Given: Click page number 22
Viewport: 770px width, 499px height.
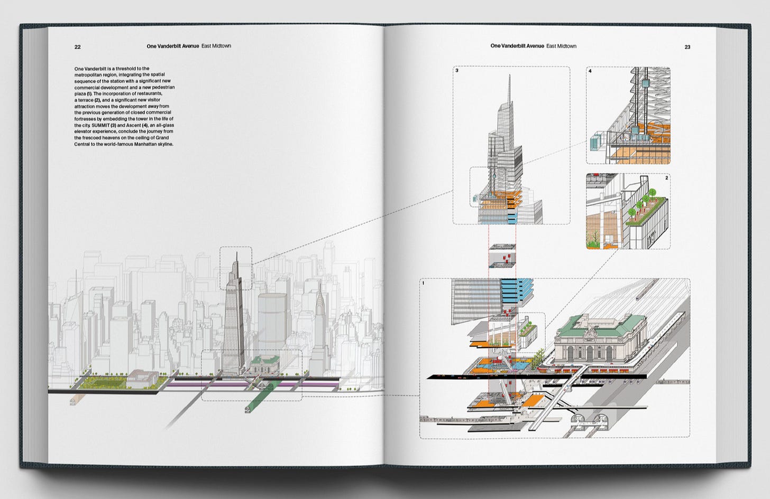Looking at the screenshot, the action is [78, 47].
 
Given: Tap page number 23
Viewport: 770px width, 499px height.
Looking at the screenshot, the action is [687, 47].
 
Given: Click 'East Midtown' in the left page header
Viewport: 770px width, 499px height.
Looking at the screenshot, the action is [216, 46].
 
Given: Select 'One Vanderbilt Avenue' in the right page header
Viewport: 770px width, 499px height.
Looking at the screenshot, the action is [517, 46].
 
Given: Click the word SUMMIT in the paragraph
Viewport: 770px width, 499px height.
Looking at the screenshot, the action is [100, 125].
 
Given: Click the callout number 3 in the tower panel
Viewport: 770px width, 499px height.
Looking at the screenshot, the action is [457, 70].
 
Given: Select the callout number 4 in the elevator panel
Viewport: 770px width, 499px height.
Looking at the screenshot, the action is [590, 71].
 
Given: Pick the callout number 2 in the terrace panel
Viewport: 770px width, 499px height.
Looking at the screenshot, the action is [666, 178].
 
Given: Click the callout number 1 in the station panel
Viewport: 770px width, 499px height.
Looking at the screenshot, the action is [423, 283].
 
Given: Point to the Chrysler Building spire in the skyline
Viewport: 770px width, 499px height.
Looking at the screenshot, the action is [319, 288].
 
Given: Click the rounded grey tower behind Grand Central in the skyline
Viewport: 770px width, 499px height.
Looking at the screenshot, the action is [272, 319].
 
